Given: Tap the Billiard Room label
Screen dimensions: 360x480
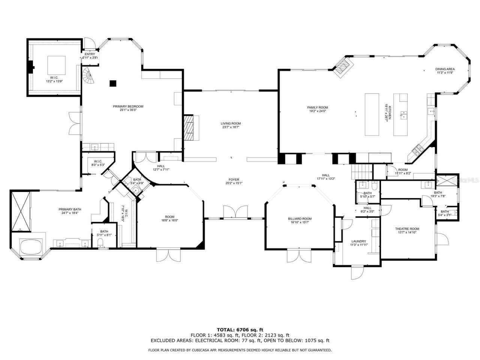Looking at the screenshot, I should [x=300, y=219].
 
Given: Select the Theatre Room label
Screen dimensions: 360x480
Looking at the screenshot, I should [x=407, y=229].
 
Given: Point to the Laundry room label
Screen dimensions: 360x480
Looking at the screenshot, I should [x=358, y=241].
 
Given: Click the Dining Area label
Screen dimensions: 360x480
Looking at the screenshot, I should [x=445, y=69].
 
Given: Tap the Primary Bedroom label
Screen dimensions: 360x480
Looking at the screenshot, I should [x=128, y=106].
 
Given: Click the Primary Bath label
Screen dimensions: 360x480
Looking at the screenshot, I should [x=70, y=209].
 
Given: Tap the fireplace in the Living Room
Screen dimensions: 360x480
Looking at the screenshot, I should [x=189, y=128].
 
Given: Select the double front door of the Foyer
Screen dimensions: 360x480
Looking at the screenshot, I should [x=235, y=212].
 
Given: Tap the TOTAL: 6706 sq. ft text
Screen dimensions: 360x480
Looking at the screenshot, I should [x=240, y=330].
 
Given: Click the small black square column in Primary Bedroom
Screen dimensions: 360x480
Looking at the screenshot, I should [x=112, y=83].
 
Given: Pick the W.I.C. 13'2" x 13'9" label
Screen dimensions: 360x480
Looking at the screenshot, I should [x=54, y=79].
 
